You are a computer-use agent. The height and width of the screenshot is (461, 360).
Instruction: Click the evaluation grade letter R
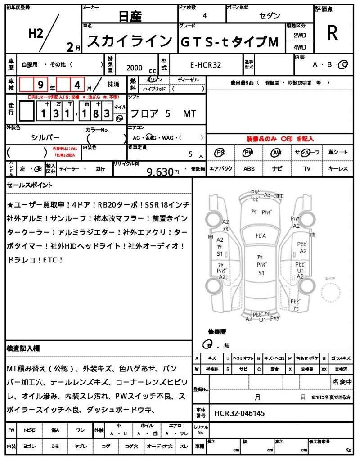332,33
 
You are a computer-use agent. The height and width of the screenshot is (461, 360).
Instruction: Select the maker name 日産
130,17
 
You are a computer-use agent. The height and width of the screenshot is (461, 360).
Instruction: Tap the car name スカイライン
129,41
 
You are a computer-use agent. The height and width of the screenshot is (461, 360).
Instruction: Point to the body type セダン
270,16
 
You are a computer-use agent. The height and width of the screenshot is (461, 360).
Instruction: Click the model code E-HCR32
206,65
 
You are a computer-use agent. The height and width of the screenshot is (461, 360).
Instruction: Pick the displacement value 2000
134,68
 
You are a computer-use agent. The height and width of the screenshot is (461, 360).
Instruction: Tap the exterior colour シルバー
45,138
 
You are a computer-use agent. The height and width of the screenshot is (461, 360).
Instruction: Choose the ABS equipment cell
249,169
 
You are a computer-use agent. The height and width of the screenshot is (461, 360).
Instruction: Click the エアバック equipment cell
221,169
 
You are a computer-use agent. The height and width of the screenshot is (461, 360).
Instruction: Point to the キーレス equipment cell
338,169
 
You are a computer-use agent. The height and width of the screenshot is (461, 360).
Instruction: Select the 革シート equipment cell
338,152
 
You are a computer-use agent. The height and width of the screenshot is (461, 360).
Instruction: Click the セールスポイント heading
30,185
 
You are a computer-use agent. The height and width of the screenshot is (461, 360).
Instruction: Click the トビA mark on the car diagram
261,235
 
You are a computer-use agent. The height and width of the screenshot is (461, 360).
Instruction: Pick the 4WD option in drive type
300,47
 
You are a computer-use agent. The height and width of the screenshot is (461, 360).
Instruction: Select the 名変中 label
342,382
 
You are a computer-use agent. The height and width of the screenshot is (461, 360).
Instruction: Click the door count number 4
205,16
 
